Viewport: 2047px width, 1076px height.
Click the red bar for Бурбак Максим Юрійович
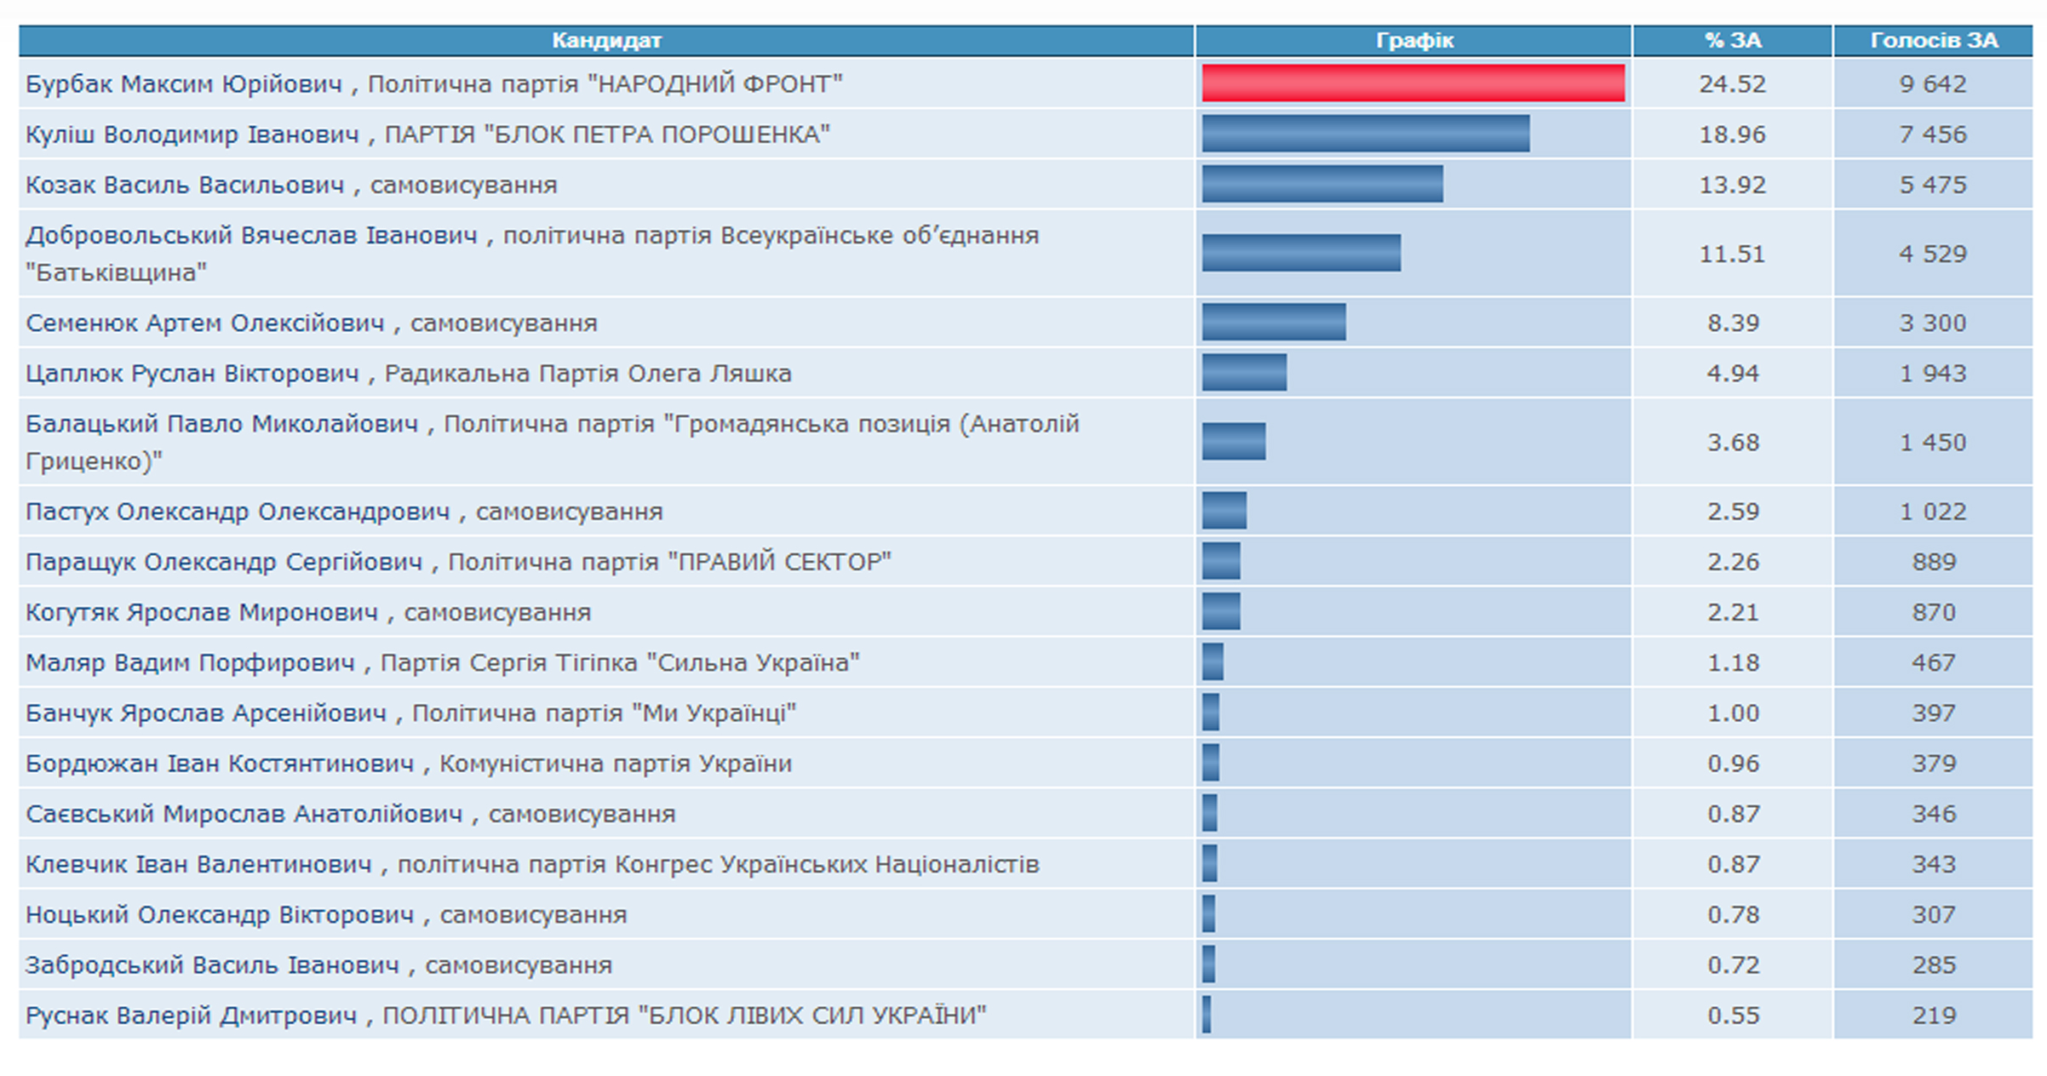click(x=1413, y=83)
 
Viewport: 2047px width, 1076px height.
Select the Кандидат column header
click(x=606, y=40)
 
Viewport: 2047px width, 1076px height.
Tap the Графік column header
click(x=1414, y=40)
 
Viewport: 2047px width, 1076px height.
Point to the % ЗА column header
click(x=1733, y=40)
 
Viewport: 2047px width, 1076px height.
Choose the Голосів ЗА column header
click(x=1934, y=40)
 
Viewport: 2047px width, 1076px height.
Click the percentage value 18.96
click(x=1733, y=134)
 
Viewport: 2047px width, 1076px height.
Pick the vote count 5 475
click(x=1934, y=185)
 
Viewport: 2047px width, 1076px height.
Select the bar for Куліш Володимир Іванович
click(x=1365, y=134)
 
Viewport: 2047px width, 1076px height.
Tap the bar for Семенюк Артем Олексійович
click(x=1274, y=323)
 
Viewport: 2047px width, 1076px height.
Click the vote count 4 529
click(x=1934, y=254)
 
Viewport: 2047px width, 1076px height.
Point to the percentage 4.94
click(x=1733, y=373)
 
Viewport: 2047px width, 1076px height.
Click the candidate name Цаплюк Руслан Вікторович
click(x=192, y=373)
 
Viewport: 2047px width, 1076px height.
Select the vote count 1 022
click(x=1934, y=512)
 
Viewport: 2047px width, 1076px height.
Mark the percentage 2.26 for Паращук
click(x=1733, y=562)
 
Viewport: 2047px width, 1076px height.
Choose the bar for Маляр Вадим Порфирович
click(x=1213, y=662)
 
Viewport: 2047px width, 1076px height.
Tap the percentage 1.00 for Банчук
click(x=1733, y=713)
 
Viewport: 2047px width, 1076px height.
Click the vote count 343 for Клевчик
click(x=1934, y=864)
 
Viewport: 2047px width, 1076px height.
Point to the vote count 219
click(x=1934, y=1016)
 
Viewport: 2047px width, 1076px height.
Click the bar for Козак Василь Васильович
click(x=1322, y=185)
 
